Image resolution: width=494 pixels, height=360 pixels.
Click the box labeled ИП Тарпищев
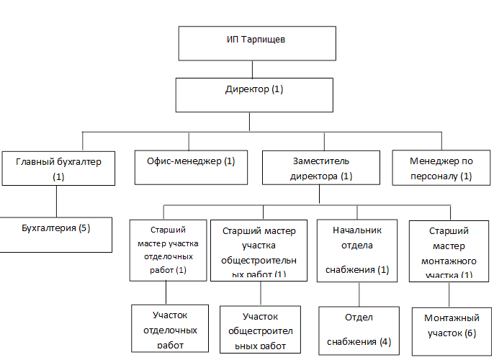[251, 43]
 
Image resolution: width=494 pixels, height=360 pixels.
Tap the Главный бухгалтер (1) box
[58, 168]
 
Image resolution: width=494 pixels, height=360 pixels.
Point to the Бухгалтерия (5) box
[55, 233]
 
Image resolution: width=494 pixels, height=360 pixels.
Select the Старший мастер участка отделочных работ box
[168, 249]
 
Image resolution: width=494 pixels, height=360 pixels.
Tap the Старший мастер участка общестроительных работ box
[260, 250]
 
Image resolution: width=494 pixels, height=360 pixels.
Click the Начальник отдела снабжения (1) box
[358, 250]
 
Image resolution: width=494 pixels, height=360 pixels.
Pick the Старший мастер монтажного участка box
[449, 250]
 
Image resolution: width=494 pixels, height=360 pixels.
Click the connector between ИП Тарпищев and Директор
[252, 69]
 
